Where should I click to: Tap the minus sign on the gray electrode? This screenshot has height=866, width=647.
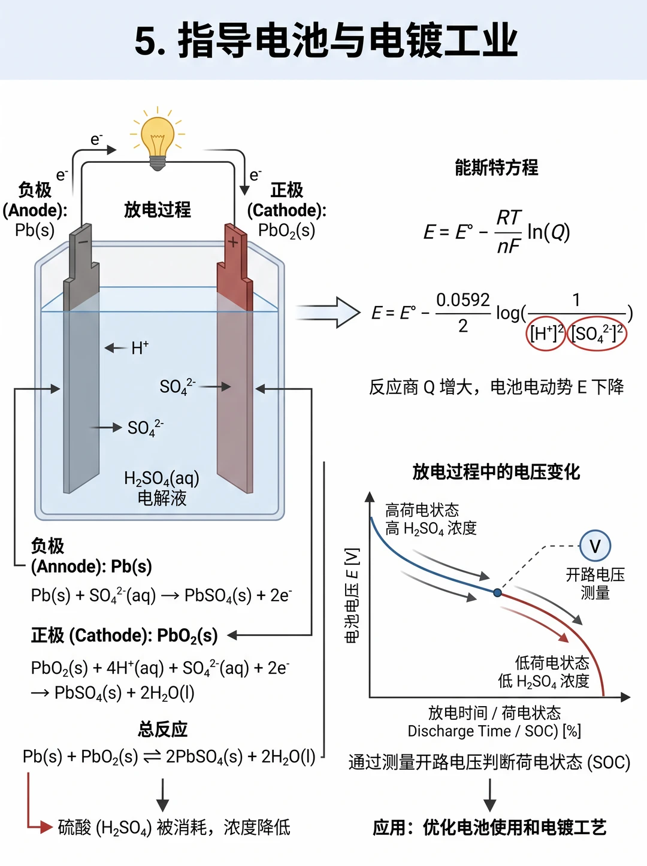pos(83,241)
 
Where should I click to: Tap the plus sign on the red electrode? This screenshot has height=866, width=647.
pos(233,241)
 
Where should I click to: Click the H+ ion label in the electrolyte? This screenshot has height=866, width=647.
pos(140,348)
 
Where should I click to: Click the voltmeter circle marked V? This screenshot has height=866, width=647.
pos(595,546)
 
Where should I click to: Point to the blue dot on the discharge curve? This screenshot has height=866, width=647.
pos(497,592)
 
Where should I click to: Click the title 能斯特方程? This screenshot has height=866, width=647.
pos(496,167)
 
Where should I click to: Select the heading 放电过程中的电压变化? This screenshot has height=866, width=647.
pos(496,472)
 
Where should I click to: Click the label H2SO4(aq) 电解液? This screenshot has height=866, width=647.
pos(162,488)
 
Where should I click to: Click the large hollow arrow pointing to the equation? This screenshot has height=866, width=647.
pos(328,313)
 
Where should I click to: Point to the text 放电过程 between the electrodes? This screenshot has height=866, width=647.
pos(158,209)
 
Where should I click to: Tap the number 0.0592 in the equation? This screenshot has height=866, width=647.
pos(462,301)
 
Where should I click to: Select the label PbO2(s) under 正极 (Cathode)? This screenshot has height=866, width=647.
pos(286,231)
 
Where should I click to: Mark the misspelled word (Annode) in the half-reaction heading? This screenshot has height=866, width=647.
pos(66,566)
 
